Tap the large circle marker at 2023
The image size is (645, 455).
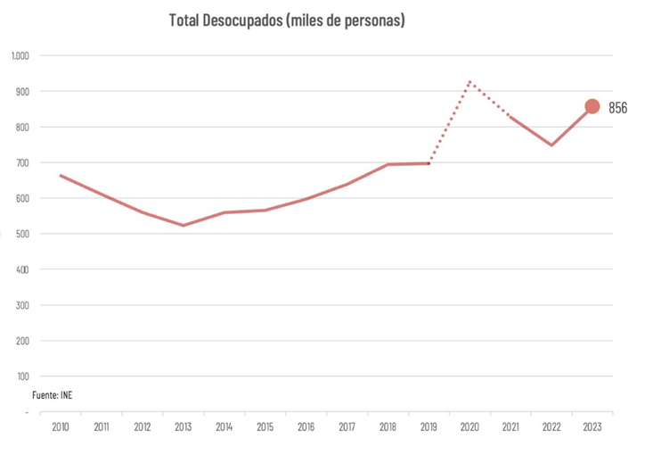tap(592, 106)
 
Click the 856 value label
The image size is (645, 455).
tap(618, 107)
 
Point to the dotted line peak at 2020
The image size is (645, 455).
tap(469, 82)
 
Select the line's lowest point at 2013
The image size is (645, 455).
tap(183, 225)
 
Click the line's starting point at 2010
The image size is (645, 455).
tap(61, 176)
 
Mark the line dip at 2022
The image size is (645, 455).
tap(551, 145)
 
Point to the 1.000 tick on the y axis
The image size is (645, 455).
tap(20, 55)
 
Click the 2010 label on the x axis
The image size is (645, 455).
tap(61, 427)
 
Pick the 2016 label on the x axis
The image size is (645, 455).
tap(306, 427)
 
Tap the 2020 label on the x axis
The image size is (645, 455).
tap(469, 427)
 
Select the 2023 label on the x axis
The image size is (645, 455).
tap(592, 427)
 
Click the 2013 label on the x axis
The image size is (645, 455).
tap(183, 427)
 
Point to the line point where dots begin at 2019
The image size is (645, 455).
tap(429, 163)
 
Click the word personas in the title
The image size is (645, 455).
tap(372, 20)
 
